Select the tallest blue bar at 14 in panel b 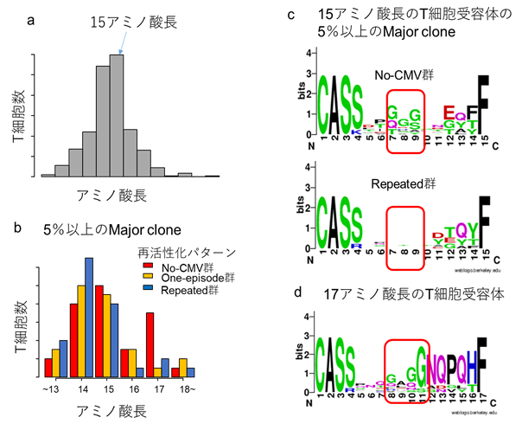click(88, 317)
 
